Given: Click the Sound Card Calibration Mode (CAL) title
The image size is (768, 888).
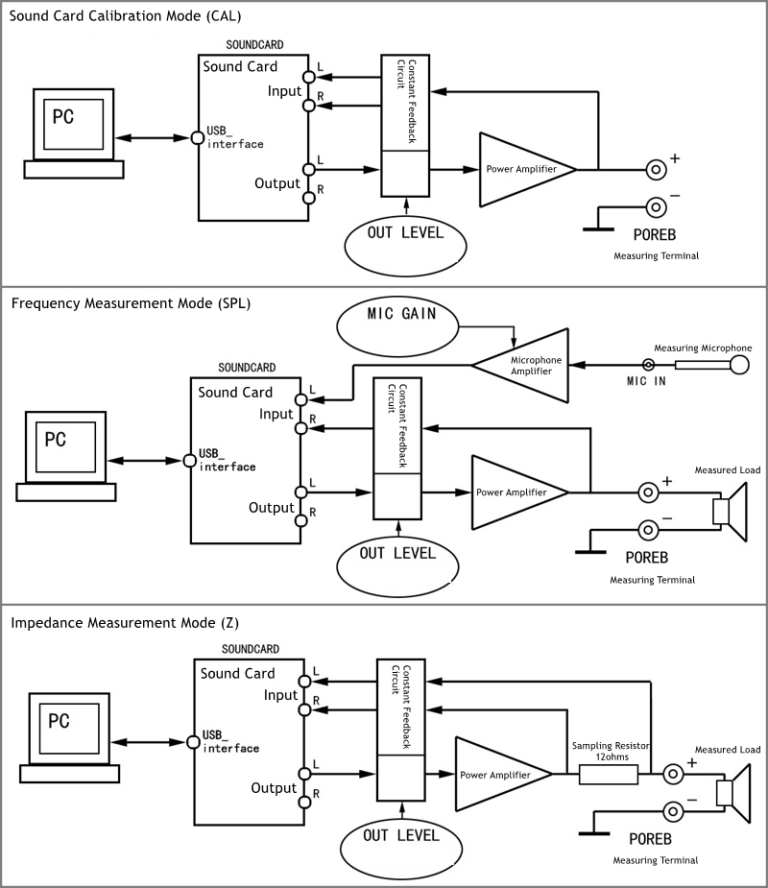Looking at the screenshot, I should [125, 15].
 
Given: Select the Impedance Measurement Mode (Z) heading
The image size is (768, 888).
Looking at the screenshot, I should [126, 622].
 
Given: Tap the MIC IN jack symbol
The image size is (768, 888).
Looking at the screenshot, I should [650, 365].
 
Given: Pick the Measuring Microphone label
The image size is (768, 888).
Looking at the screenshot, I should [703, 348].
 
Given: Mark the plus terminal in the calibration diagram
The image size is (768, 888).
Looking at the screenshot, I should [656, 169].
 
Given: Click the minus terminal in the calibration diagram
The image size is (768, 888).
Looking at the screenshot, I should [656, 206].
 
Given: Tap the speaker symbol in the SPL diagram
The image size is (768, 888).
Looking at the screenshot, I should [732, 510].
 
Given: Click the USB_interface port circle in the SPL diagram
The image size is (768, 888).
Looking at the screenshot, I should [189, 460].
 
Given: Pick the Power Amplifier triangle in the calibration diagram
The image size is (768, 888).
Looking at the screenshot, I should [525, 169].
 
